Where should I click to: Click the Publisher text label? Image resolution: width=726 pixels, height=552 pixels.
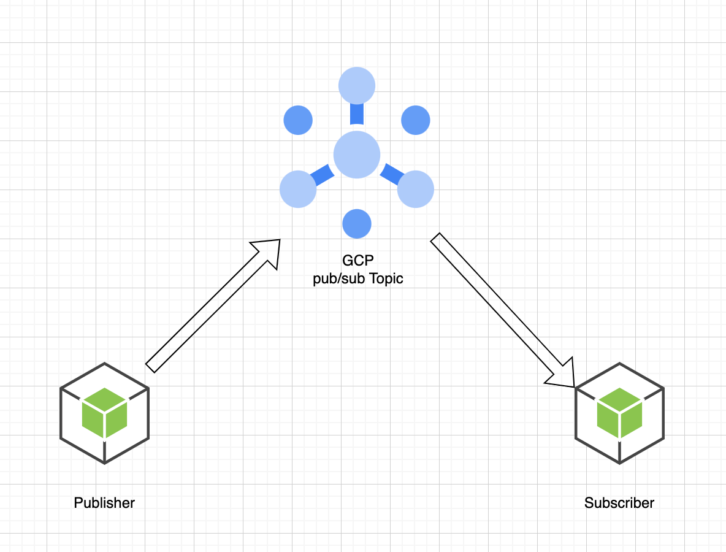104,503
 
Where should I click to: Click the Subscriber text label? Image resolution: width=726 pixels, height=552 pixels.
619,503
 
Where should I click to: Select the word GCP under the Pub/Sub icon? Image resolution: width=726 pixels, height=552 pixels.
357,261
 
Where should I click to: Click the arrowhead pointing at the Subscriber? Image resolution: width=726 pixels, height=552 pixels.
563,375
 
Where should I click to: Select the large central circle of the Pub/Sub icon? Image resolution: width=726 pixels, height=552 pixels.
357,155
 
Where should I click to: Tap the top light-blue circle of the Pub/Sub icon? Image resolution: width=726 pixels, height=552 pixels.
357,85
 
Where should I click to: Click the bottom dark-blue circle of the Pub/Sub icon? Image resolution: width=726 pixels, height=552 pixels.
357,223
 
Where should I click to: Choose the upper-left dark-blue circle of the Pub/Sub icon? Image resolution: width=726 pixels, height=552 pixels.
298,120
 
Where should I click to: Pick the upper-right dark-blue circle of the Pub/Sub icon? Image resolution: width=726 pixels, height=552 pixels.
416,120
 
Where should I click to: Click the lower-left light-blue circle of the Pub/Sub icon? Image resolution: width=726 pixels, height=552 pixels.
298,189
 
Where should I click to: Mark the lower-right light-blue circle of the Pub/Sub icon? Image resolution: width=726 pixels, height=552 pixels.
416,189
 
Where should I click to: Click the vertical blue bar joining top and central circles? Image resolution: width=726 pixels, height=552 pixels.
357,114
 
